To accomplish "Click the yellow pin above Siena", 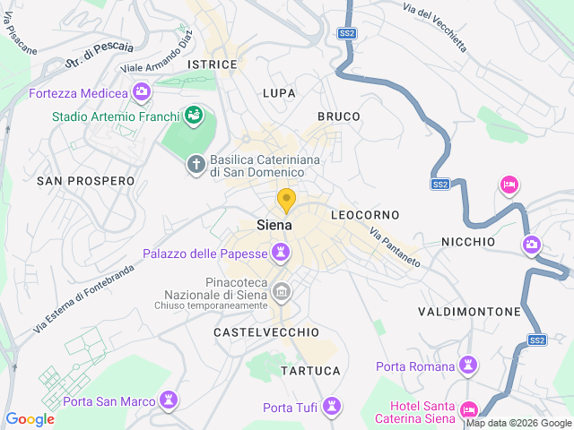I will (286, 200).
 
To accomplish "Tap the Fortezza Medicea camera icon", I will (141, 91).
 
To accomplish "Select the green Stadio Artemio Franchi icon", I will (193, 115).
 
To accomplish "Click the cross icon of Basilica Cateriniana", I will (195, 164).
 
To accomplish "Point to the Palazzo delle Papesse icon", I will (282, 254).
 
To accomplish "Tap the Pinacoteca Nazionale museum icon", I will (282, 291).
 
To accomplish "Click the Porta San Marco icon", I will (168, 398).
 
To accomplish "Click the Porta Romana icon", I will (466, 364).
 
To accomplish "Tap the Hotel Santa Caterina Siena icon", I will (467, 410).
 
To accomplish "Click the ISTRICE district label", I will (213, 64).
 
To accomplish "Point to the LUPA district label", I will (279, 93).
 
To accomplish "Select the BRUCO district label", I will (339, 116).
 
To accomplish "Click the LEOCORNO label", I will (365, 216).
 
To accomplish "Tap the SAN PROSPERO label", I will (85, 181).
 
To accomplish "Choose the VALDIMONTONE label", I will (469, 312).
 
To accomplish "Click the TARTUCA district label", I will (310, 370).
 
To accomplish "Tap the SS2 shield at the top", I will (347, 33).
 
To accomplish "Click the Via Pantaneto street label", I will (395, 246).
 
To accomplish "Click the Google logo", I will (30, 419).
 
